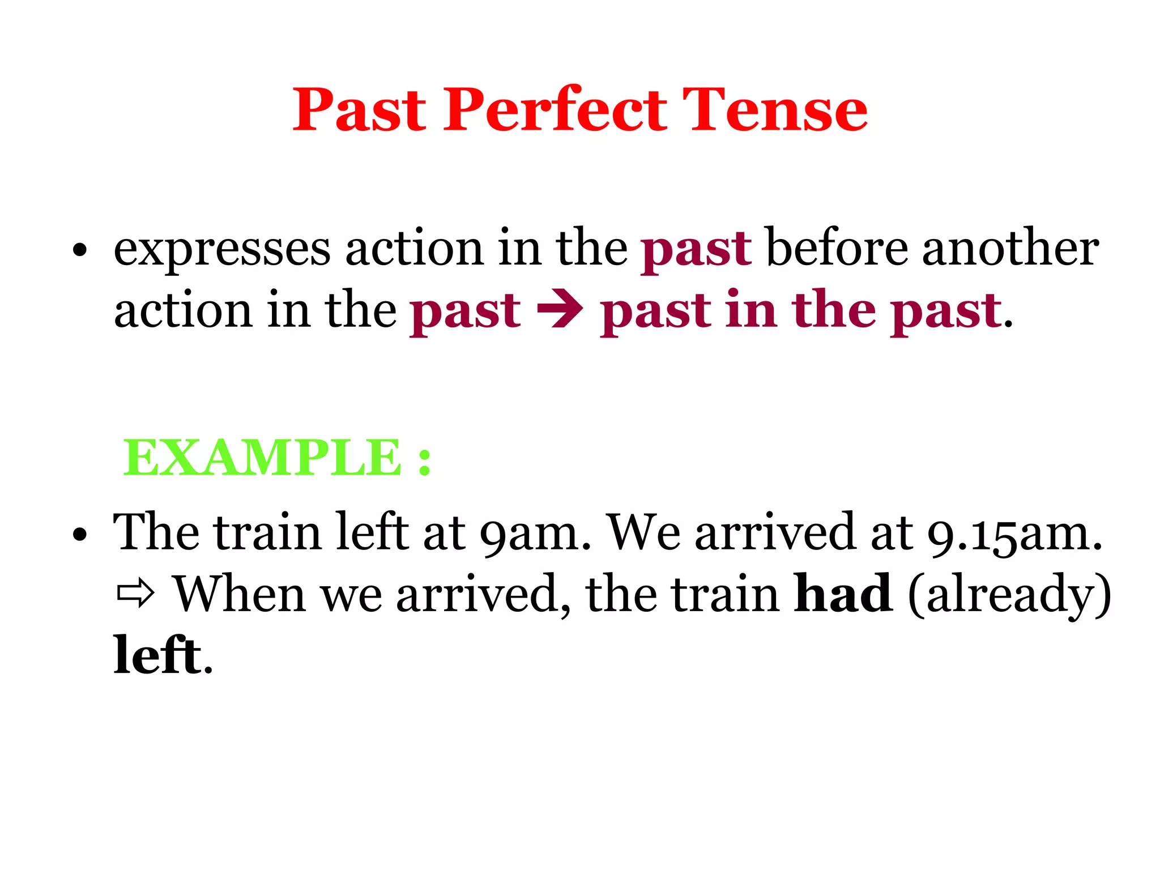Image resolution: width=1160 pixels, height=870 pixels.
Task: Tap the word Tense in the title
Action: (774, 110)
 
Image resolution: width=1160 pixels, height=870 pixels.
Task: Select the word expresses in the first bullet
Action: (222, 249)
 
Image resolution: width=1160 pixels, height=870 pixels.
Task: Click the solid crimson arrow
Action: (560, 310)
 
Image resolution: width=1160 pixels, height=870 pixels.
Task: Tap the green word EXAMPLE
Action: (262, 458)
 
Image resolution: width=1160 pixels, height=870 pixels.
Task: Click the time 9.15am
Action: (1014, 534)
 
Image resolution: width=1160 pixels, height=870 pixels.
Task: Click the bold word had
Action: (843, 594)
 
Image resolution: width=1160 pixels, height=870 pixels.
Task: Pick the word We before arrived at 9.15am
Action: (643, 532)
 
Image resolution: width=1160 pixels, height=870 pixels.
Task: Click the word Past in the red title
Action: (359, 110)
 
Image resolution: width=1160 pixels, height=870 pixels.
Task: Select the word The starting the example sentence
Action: (156, 532)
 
